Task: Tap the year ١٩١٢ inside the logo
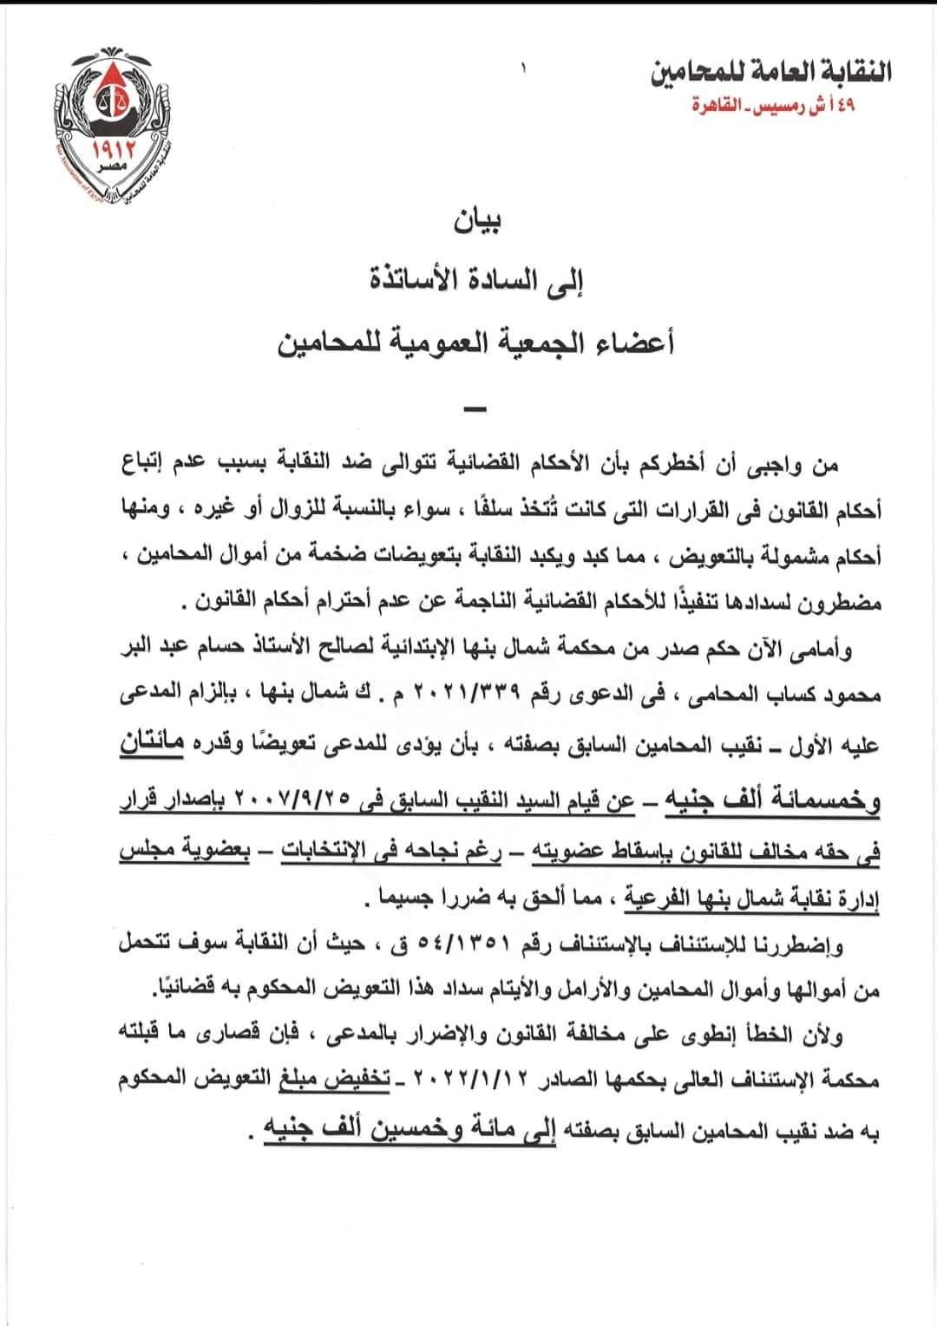tap(108, 154)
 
